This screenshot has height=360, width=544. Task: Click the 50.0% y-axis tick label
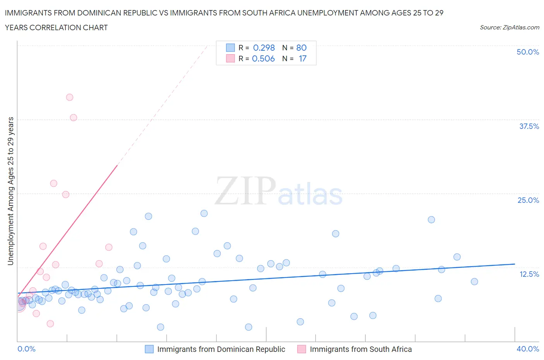[x=527, y=52]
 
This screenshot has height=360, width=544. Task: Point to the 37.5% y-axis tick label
[x=529, y=126]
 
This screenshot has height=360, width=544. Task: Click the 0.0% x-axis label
[x=26, y=349]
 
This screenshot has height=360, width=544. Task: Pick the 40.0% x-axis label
[x=527, y=349]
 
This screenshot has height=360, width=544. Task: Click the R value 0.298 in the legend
[x=264, y=48]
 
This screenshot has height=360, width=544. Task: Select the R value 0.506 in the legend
[x=263, y=58]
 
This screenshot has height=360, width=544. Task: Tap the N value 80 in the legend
[x=301, y=48]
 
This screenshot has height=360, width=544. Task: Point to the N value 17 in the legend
[x=303, y=58]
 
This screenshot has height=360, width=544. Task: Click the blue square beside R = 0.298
[x=230, y=48]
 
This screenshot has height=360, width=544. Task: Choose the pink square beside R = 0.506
[x=230, y=58]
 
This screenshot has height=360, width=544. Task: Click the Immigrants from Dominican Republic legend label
[x=221, y=349]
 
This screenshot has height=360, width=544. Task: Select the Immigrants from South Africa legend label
[x=361, y=349]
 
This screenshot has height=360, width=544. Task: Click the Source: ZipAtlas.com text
[x=509, y=27]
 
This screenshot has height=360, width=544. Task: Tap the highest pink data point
[x=70, y=97]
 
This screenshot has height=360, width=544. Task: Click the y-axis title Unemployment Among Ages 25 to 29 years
[x=10, y=191]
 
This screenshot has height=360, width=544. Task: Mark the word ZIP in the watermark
[x=245, y=190]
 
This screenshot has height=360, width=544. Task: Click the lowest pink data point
[x=50, y=324]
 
